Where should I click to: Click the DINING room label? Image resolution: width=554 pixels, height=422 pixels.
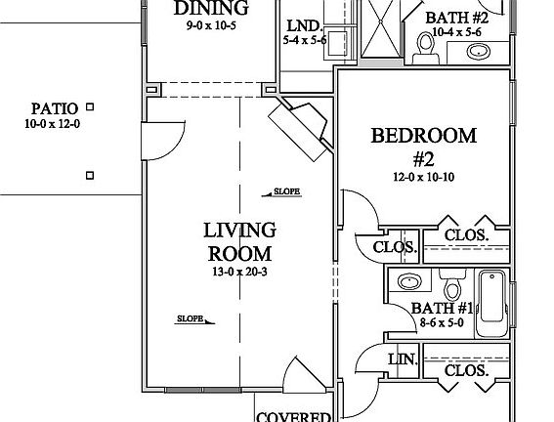coord(210,9)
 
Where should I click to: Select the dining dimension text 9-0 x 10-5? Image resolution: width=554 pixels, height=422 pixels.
coord(210,26)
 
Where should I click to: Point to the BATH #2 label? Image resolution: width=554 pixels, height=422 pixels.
coord(456,18)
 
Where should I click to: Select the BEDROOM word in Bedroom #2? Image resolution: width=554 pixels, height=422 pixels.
coord(423,136)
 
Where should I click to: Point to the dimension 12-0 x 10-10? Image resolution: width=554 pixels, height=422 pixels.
coord(423,177)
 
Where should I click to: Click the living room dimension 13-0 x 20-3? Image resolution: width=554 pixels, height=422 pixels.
coord(239,271)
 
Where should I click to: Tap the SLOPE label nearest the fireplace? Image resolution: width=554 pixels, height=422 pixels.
coord(285,191)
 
